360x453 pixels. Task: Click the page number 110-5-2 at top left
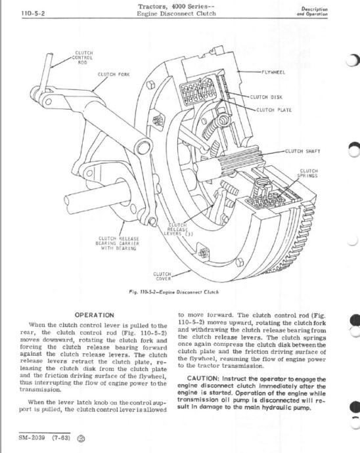coord(33,14)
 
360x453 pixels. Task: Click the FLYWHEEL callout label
coord(273,72)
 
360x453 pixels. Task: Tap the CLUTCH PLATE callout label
coord(274,110)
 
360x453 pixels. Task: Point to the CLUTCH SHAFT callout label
coord(303,151)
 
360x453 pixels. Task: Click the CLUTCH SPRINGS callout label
coord(308,173)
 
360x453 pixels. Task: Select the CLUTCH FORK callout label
coord(114,75)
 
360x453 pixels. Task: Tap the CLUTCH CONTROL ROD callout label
coord(84,58)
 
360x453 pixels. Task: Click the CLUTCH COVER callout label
coord(162,276)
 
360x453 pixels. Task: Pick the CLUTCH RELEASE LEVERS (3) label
coord(178,229)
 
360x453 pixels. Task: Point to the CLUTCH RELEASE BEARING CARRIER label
coord(118,244)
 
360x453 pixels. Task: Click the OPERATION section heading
coord(94,315)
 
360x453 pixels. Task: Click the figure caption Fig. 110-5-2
coord(173,291)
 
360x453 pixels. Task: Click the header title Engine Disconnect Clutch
coord(176,14)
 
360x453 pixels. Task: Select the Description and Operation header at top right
coord(312,11)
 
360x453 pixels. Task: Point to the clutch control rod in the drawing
coord(47,72)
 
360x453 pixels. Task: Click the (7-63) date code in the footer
coord(61,437)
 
